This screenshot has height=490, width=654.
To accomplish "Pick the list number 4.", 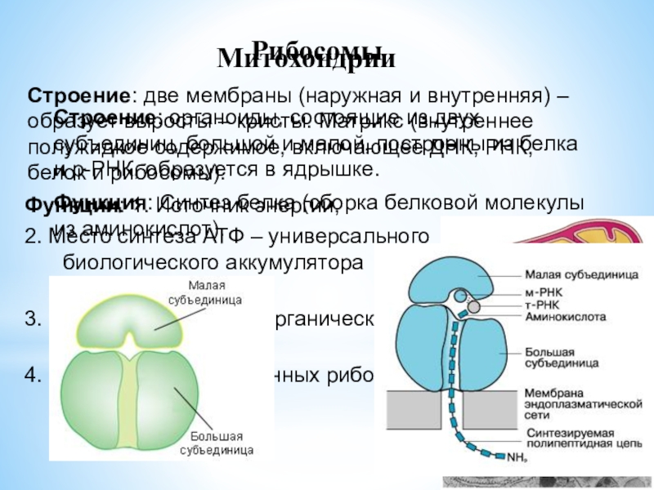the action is [33, 376].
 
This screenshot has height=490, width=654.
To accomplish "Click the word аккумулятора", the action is [298, 265].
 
